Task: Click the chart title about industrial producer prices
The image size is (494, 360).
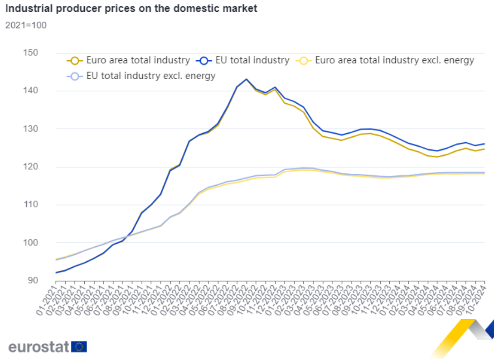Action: coord(131,8)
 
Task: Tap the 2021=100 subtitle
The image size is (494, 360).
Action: coord(26,25)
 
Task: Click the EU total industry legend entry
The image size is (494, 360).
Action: coord(252,60)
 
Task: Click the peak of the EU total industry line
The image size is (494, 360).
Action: coord(246,79)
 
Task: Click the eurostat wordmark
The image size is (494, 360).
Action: coord(39,347)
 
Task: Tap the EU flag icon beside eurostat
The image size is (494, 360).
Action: coord(79,347)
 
